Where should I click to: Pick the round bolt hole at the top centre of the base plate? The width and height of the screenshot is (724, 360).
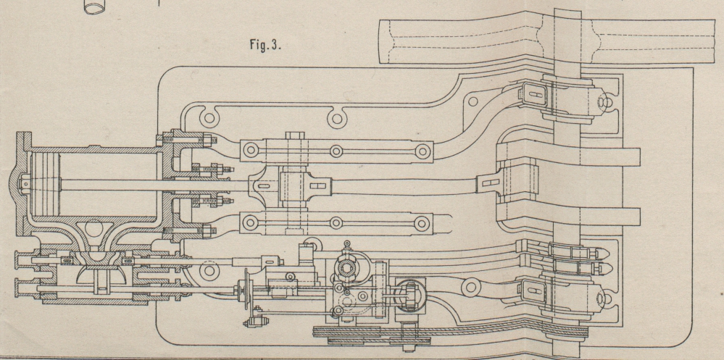pos(335,114)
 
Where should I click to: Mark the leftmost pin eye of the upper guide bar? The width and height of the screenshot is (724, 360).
pos(251,150)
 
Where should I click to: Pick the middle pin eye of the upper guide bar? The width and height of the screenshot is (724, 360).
pos(336,151)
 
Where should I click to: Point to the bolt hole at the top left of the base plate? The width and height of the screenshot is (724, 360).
pos(210,114)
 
